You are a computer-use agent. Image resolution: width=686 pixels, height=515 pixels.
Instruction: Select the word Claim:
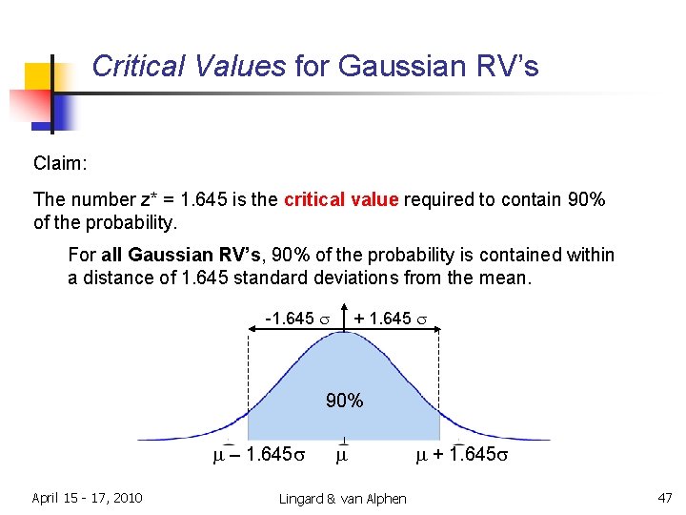click(60, 164)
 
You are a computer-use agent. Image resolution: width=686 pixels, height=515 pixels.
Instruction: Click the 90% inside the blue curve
click(344, 401)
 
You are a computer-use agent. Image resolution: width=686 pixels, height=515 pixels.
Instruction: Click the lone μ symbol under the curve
click(343, 455)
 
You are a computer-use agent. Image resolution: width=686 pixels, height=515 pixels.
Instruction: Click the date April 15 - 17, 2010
click(87, 498)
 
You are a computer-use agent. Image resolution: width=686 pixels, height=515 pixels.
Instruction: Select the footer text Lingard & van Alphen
click(342, 499)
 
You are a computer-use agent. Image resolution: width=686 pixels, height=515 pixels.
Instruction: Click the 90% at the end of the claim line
click(586, 199)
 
